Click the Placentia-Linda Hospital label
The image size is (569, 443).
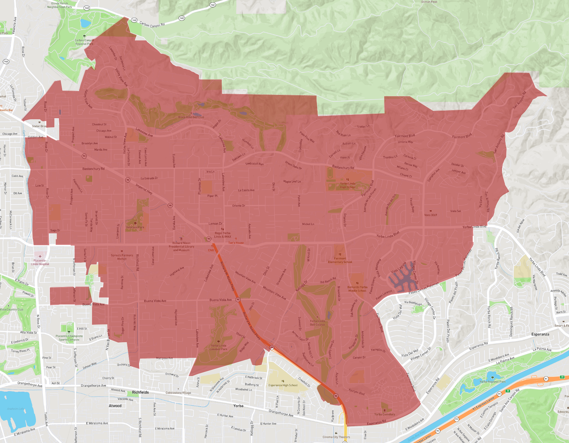[40, 262]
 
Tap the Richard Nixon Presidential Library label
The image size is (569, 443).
[181, 246]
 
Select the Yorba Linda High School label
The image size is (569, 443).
[348, 185]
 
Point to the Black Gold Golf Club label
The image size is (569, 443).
[191, 117]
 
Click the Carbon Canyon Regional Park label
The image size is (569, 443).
[84, 42]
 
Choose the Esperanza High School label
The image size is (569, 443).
[283, 385]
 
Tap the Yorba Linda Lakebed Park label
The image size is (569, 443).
[218, 347]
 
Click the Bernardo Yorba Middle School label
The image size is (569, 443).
[357, 289]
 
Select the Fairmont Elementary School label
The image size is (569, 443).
[340, 260]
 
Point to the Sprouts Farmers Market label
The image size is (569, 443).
[122, 257]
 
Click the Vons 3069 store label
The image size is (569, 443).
[431, 215]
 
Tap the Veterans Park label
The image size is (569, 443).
[135, 227]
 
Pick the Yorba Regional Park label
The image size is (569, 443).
[492, 381]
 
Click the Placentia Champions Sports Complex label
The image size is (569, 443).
[69, 338]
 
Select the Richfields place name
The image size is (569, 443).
[141, 392]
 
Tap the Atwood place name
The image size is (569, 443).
[115, 406]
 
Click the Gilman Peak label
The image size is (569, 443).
[429, 2]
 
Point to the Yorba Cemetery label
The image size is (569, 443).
[385, 414]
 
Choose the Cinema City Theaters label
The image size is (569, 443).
[336, 437]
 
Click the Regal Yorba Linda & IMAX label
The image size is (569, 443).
[222, 235]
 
